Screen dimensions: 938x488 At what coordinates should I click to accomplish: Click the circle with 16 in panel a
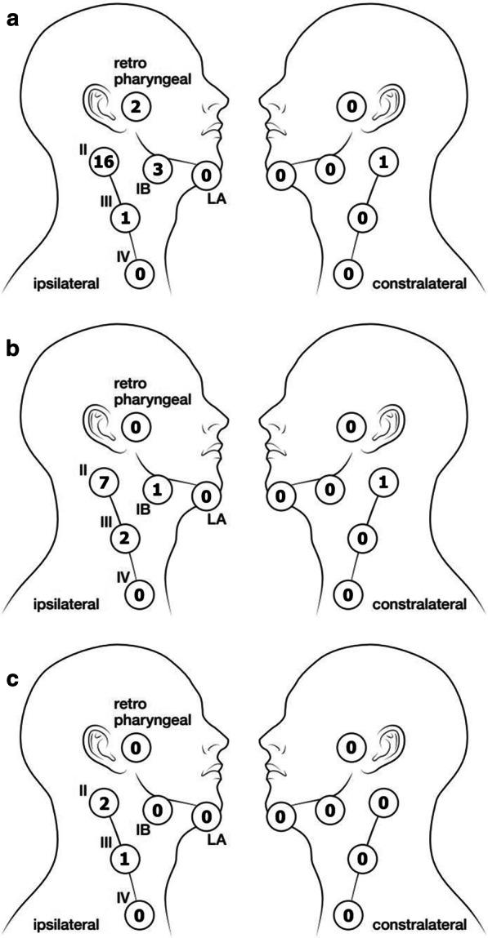coord(103,162)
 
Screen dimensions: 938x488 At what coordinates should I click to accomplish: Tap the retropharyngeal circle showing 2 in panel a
coord(135,105)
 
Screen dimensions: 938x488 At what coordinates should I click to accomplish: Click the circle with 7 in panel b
coord(103,482)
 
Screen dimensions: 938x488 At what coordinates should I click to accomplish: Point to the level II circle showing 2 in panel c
coord(103,802)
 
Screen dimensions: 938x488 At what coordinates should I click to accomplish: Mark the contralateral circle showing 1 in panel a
coord(383,162)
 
